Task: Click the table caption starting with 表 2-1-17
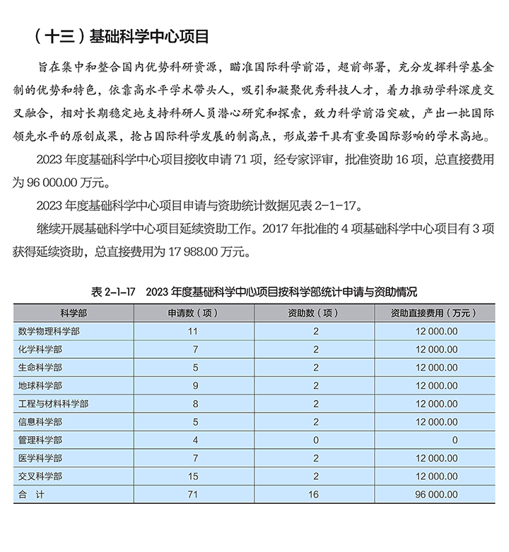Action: [x=254, y=292]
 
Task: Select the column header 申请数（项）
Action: [x=192, y=312]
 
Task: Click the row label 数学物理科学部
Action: [x=49, y=330]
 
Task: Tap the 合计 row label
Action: [x=31, y=495]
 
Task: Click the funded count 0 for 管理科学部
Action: [x=315, y=439]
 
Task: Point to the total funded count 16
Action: [x=315, y=495]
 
